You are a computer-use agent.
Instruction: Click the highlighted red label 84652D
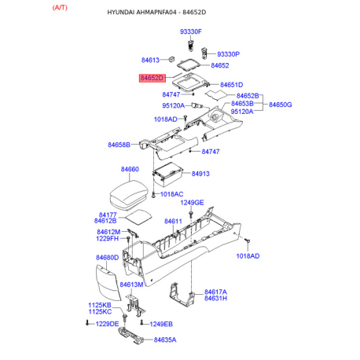click(152, 78)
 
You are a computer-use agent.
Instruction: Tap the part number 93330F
click(191, 31)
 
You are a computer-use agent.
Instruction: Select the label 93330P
click(228, 54)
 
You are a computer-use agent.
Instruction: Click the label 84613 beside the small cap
click(150, 60)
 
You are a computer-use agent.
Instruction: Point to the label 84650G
click(281, 105)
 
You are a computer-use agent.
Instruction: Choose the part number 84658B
click(119, 145)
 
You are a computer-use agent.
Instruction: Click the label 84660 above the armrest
click(130, 169)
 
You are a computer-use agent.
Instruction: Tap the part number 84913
click(200, 174)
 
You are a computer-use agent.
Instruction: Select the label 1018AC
click(171, 194)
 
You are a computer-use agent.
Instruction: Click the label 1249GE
click(192, 203)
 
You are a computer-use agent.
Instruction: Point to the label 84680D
click(108, 258)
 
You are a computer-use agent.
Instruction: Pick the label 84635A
click(165, 340)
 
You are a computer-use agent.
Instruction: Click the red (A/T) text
click(60, 8)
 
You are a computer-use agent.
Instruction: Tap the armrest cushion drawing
click(129, 195)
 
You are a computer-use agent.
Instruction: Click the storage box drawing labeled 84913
click(167, 174)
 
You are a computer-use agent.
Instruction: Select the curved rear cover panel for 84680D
click(108, 283)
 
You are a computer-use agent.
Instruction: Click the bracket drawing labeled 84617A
click(182, 295)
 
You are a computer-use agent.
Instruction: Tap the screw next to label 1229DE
click(87, 323)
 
